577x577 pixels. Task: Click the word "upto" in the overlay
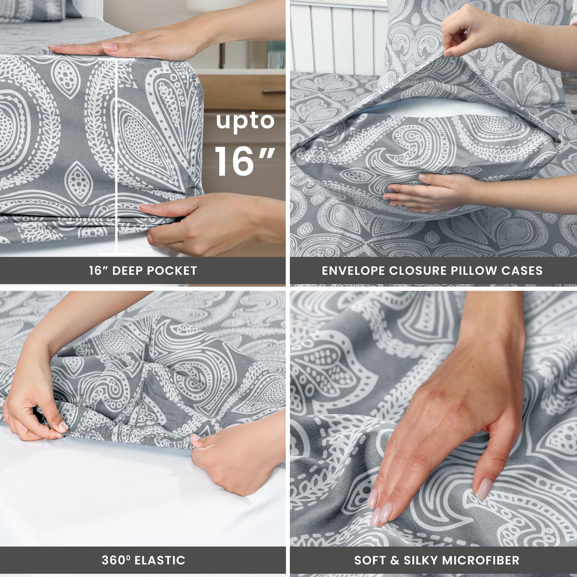coord(245,122)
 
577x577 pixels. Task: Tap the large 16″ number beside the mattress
coord(244,161)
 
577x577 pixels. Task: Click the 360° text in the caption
coord(116,560)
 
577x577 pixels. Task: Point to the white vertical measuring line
coord(117,160)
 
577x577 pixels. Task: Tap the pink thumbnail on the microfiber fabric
coord(484,488)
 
